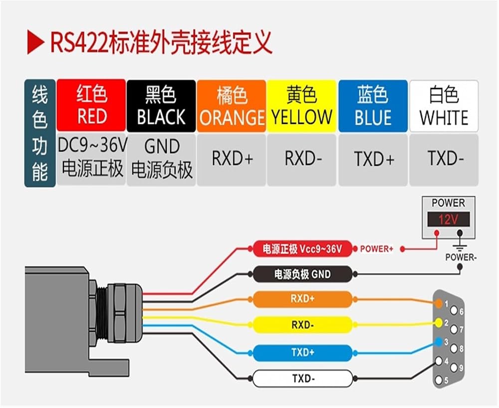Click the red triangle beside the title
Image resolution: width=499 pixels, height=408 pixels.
34,42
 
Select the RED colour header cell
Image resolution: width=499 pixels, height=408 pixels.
91,105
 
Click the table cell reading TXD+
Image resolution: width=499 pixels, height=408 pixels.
373,160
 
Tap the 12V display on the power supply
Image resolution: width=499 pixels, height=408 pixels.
449,219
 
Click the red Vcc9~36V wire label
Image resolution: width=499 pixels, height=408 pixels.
303,248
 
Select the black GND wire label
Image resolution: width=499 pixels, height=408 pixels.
303,274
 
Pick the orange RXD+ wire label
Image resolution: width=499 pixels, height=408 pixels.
303,299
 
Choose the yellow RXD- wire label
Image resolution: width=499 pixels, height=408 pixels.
303,325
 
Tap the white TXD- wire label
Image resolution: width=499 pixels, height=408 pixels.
303,379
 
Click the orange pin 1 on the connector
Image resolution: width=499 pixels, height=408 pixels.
439,303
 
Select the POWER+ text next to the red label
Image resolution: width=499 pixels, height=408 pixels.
376,249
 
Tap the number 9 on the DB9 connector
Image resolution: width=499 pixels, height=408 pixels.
461,368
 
